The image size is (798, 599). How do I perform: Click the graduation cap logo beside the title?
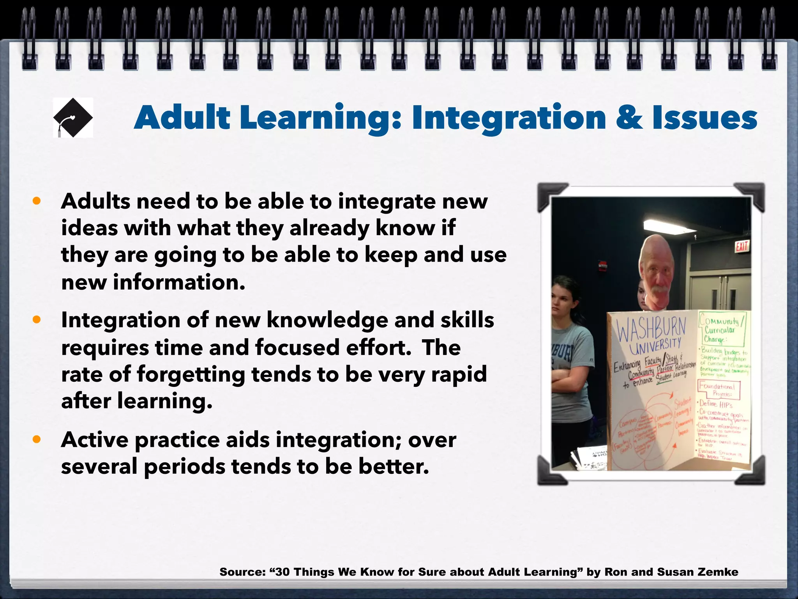pos(73,117)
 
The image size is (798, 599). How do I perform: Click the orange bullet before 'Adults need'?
pos(37,201)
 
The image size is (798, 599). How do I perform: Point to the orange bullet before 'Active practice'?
pos(37,440)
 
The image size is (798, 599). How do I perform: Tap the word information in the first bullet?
pos(179,282)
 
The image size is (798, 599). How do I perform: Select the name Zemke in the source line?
pos(717,572)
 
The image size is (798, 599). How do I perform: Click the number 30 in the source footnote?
pos(282,572)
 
